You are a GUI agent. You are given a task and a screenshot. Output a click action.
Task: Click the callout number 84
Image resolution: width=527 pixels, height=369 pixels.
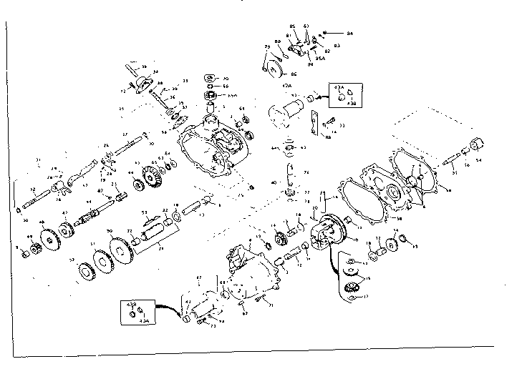tap(349, 34)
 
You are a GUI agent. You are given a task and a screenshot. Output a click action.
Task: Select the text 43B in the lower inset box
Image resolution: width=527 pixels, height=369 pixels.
tap(131, 305)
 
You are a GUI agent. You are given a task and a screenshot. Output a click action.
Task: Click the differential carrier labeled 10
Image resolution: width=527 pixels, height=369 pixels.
tap(329, 230)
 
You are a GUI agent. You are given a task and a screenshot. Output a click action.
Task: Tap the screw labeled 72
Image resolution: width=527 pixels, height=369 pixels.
tap(131, 90)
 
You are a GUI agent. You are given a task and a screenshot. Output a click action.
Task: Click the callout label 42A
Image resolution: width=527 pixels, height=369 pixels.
tap(287, 85)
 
